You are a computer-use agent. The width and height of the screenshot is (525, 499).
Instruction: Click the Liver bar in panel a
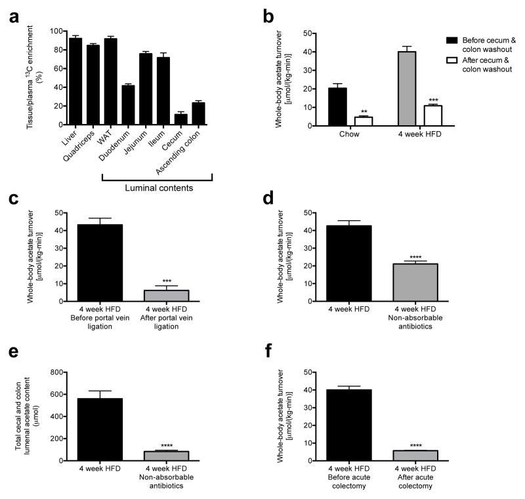75,81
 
